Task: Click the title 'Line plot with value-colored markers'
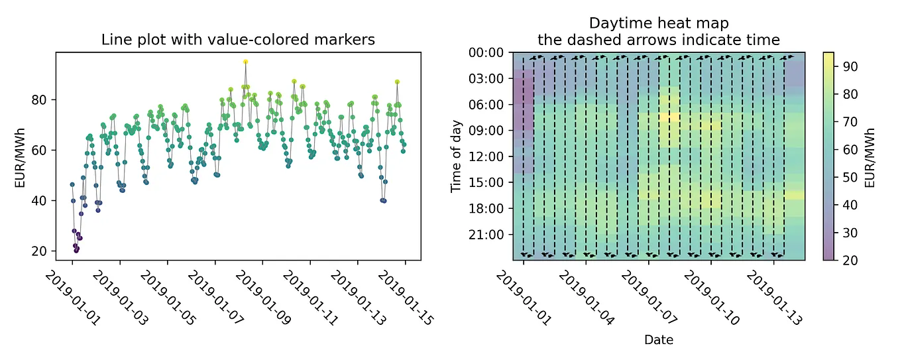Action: [x=238, y=40]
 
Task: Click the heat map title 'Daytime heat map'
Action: [x=658, y=25]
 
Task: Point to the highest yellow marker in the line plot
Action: [x=245, y=62]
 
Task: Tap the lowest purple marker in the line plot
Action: [x=76, y=251]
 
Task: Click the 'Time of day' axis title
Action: [x=457, y=156]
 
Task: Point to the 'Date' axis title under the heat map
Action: [x=659, y=340]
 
